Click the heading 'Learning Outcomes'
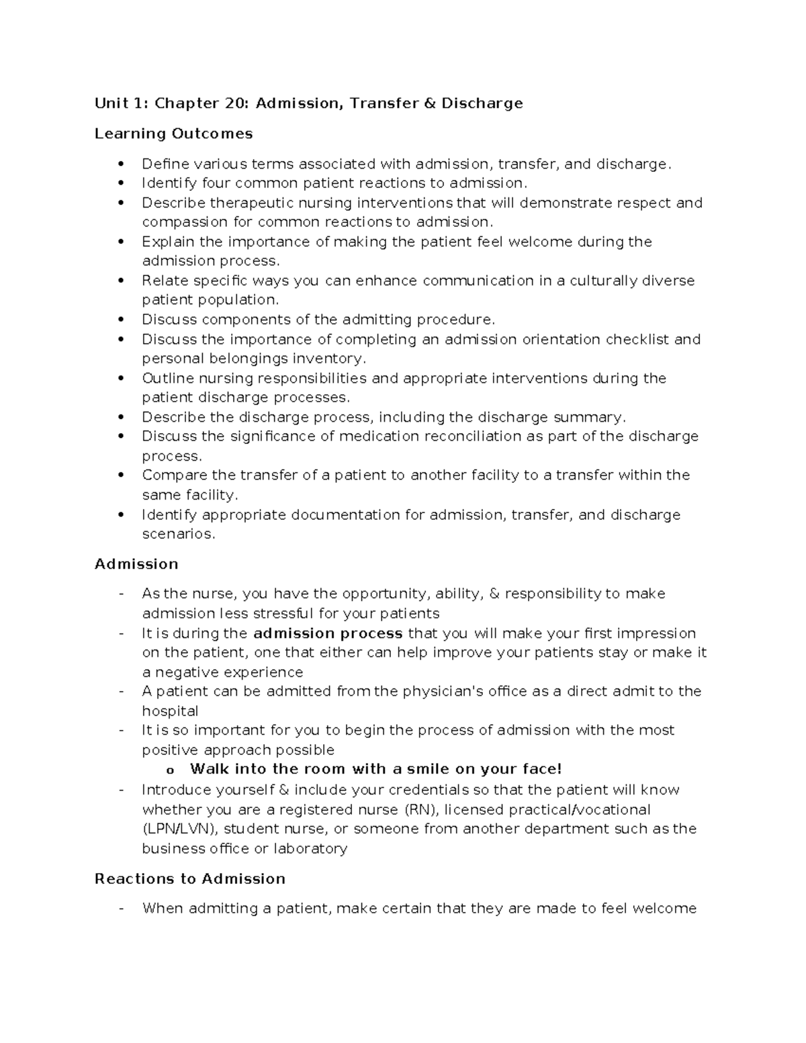click(173, 134)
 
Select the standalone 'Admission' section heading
click(136, 564)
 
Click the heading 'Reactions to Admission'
click(190, 879)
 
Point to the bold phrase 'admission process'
click(328, 633)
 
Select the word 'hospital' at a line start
click(170, 711)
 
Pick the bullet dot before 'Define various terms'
click(121, 164)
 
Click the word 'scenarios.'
click(179, 535)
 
